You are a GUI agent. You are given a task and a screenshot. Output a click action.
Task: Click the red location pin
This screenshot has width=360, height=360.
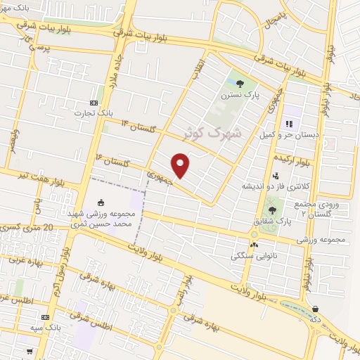181,165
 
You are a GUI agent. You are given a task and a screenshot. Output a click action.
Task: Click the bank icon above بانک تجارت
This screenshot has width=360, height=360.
94,103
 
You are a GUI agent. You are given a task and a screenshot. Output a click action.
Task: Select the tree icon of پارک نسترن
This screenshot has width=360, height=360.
240,84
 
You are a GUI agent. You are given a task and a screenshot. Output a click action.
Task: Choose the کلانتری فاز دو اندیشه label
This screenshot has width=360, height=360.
272,186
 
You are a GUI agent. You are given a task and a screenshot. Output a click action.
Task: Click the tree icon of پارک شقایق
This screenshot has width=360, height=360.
272,210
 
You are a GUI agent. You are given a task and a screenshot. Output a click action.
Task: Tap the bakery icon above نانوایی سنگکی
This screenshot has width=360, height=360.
254,245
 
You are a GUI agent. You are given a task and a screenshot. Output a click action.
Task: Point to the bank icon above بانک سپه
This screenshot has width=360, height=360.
46,318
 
